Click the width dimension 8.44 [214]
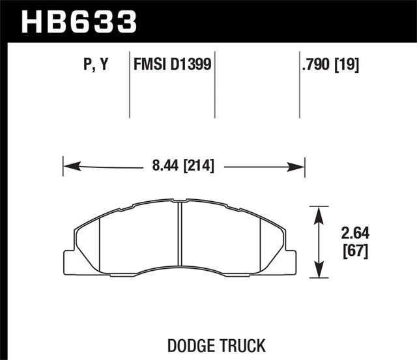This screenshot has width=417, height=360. (184, 167)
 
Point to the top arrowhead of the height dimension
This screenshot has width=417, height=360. (319, 212)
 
